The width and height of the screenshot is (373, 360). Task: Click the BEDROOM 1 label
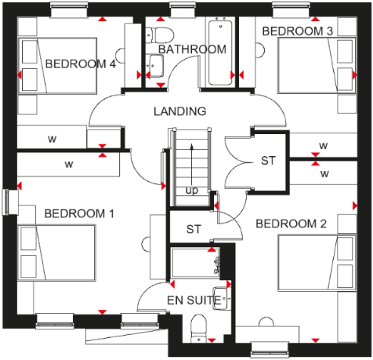point(79,213)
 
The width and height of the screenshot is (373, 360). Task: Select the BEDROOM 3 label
point(297,31)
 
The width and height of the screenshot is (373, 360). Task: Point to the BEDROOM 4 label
point(81,64)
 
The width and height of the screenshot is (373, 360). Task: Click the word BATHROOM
point(192,49)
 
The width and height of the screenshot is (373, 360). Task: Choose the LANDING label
point(180,111)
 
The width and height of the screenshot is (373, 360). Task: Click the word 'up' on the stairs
point(191,191)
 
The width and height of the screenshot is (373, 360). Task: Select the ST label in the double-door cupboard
point(269,162)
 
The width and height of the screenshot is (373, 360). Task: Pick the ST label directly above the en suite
point(194,230)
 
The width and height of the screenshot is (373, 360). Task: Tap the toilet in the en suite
point(198,328)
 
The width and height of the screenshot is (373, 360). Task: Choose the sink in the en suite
point(223,298)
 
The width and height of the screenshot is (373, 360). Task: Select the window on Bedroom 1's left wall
point(8,201)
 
